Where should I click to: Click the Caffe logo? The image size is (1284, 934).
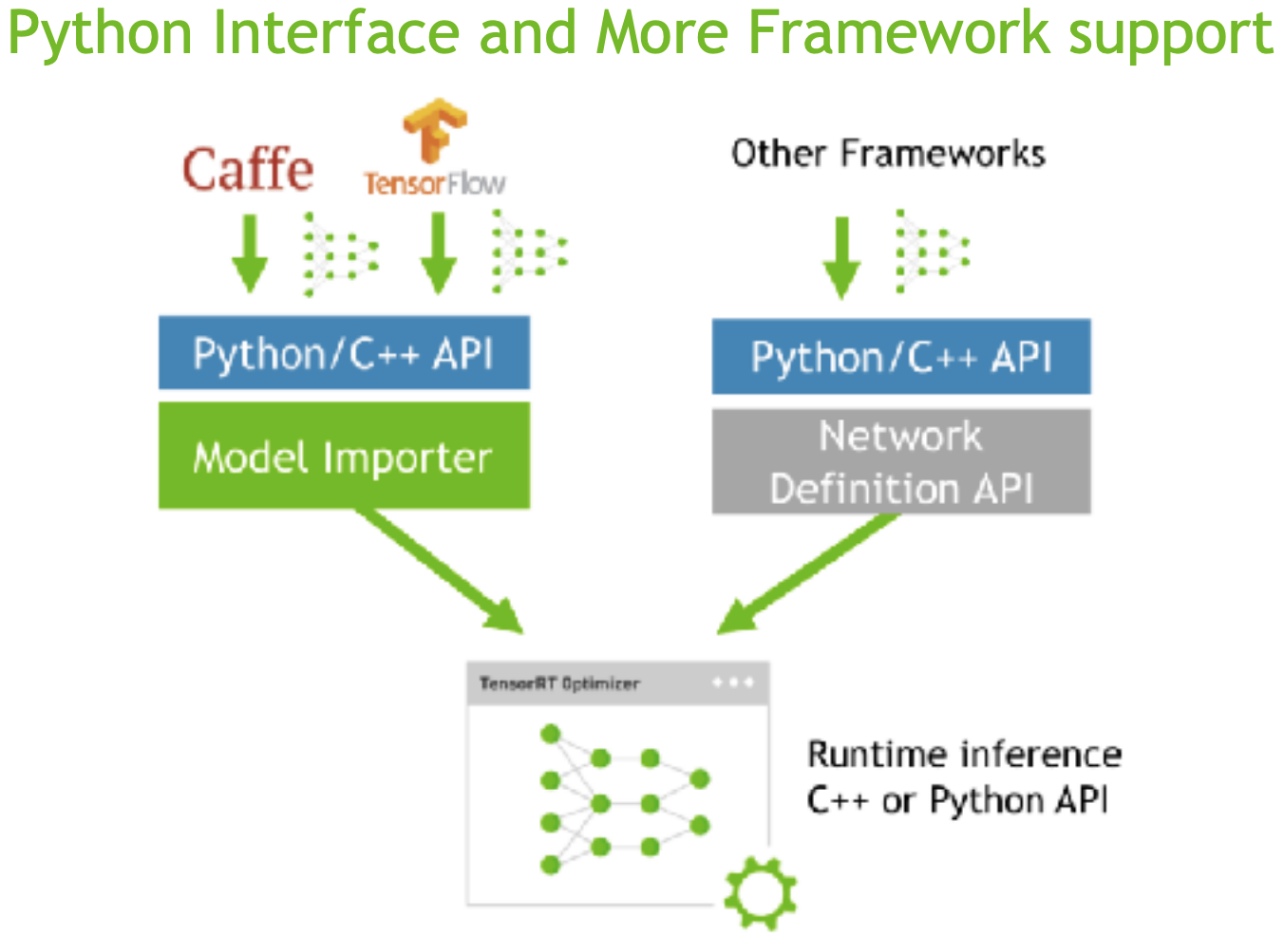[248, 170]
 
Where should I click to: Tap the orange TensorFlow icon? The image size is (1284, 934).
[435, 130]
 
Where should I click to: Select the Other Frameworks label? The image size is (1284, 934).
[888, 154]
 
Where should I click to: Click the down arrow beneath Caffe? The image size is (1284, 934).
[250, 252]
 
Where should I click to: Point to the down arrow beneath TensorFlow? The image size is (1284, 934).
[438, 252]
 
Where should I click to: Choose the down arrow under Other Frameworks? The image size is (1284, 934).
[841, 257]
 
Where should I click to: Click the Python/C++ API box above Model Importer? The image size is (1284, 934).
[344, 353]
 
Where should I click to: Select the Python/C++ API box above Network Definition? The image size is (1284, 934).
[901, 357]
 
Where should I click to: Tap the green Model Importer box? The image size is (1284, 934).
[344, 457]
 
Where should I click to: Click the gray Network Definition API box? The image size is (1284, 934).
[901, 462]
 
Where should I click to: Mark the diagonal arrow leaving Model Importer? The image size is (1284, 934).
[439, 570]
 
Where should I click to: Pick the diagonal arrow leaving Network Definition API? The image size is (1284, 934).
[808, 573]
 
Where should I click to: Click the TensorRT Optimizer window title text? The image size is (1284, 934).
[559, 683]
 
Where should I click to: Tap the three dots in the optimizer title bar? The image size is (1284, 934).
[733, 682]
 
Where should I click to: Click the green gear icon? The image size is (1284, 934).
[760, 892]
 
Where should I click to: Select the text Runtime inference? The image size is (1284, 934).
[964, 755]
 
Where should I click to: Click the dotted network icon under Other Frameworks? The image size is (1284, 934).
[932, 252]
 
